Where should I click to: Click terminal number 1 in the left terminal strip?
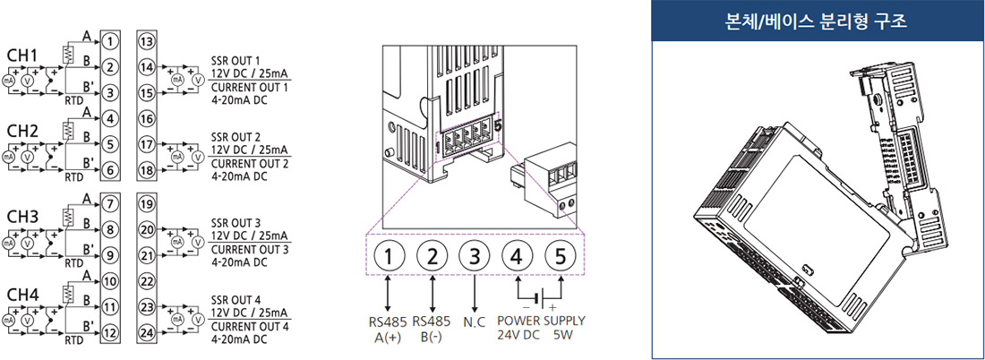[109, 41]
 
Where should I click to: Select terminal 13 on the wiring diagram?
[146, 42]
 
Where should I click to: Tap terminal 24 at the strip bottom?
[146, 332]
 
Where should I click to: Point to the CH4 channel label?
[22, 294]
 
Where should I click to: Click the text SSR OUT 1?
[235, 61]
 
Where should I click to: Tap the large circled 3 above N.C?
[475, 257]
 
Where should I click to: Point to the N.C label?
[475, 321]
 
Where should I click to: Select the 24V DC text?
[518, 335]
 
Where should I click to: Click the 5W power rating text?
[562, 335]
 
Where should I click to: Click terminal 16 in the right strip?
[146, 117]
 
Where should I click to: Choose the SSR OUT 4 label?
[236, 299]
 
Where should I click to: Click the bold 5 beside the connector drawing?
[499, 125]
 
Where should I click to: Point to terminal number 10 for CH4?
[109, 281]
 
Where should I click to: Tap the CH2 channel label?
[22, 132]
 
